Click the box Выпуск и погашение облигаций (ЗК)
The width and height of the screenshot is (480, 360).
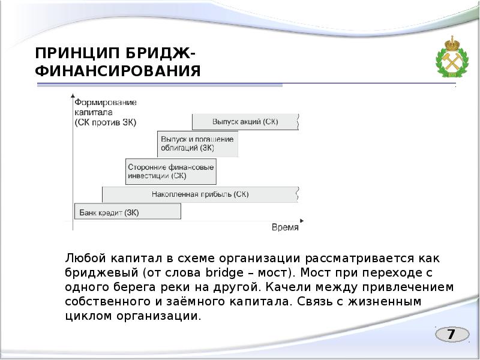click(197, 143)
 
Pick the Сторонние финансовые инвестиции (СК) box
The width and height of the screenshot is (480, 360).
click(171, 172)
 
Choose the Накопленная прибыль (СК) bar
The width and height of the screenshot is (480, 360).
click(200, 194)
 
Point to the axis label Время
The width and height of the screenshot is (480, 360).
click(284, 227)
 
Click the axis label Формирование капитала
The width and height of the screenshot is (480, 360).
click(106, 108)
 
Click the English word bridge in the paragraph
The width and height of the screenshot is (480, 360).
click(222, 272)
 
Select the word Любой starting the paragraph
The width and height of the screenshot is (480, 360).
click(84, 259)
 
